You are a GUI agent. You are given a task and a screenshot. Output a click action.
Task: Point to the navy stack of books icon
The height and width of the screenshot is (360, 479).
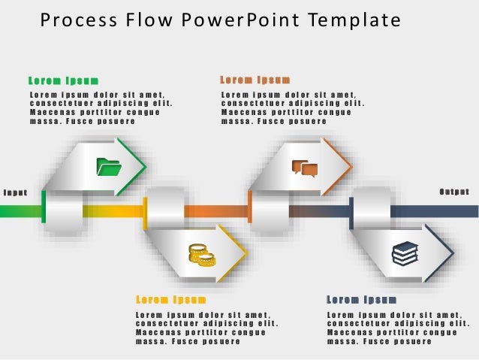(405, 253)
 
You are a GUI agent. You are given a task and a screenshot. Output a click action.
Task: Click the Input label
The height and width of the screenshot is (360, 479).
(15, 192)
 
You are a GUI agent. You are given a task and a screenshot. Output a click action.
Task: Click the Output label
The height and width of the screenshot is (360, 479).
(454, 192)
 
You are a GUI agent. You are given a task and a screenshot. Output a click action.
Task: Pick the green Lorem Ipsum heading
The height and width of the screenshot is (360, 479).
(63, 80)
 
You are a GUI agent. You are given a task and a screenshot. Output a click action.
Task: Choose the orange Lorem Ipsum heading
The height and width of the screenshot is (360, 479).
(255, 80)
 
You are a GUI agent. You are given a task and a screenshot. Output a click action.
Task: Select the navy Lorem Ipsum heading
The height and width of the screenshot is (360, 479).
(361, 300)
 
